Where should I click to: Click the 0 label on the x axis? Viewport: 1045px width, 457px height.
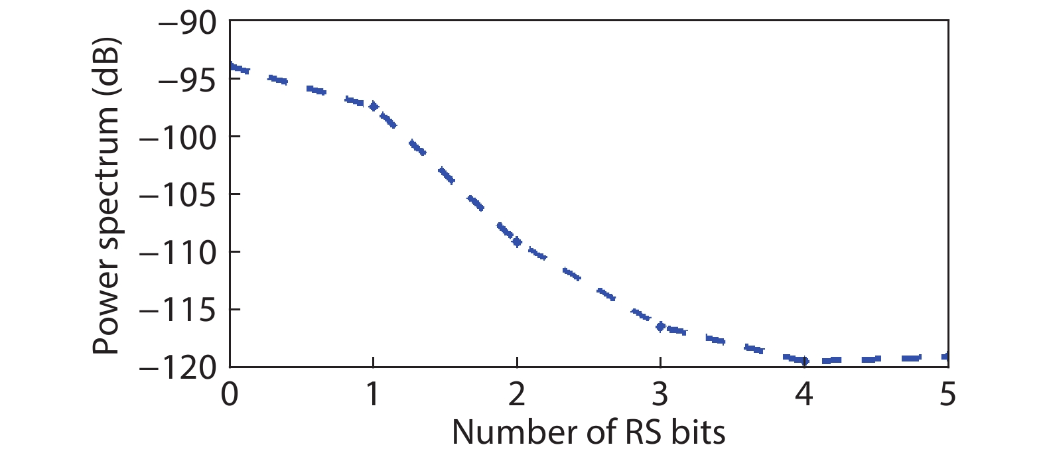[x=230, y=395]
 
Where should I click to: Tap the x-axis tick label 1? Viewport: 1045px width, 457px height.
[x=373, y=395]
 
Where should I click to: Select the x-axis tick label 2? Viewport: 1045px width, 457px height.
[x=517, y=395]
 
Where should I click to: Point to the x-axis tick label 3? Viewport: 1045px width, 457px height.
[x=660, y=395]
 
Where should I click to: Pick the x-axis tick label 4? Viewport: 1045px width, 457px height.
[x=804, y=395]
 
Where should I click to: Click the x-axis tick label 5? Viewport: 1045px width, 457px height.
[x=948, y=395]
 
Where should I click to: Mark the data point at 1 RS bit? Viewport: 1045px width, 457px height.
[x=374, y=106]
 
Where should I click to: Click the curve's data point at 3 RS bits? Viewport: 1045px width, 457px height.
[x=660, y=326]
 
